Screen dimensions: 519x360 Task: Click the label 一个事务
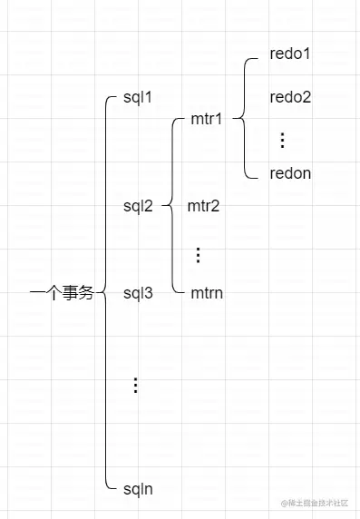[62, 293]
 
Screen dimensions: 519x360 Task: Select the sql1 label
[138, 97]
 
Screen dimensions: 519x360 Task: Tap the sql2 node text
[138, 206]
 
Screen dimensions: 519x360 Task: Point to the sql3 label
[138, 293]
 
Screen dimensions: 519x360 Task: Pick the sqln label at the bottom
[138, 489]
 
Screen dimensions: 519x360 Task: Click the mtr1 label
[207, 119]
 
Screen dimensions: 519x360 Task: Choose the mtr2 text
[204, 206]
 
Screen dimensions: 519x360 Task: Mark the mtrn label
[207, 293]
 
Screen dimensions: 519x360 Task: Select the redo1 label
[290, 54]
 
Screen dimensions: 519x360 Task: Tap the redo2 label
[290, 97]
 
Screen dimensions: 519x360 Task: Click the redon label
[290, 173]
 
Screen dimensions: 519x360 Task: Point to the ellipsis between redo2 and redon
[282, 140]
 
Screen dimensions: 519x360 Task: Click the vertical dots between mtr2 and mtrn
[199, 255]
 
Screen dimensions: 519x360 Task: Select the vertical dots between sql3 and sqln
[135, 386]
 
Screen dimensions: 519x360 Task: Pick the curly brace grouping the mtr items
[172, 206]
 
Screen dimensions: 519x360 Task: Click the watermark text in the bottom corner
[318, 503]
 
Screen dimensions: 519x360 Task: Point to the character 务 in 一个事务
[85, 293]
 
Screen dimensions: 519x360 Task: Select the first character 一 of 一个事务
[36, 293]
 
